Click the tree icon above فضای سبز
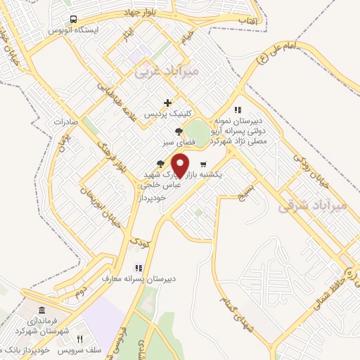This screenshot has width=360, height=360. (x=179, y=131)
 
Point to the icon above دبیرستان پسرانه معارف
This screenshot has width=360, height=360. (x=138, y=268)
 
